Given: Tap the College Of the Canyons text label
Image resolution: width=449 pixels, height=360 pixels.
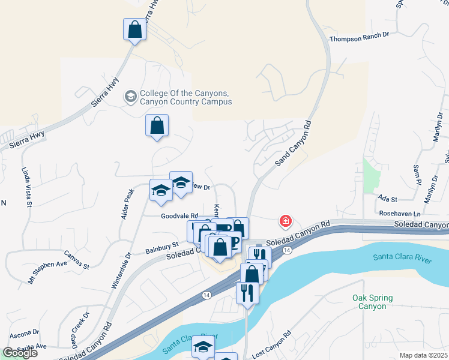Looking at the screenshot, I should [x=185, y=97].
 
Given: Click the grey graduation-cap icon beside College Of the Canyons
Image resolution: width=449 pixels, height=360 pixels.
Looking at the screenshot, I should [x=130, y=96].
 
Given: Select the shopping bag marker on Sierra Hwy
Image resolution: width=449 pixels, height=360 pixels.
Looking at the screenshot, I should [x=135, y=29].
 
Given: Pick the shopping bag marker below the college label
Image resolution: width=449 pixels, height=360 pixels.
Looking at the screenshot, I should [x=157, y=126].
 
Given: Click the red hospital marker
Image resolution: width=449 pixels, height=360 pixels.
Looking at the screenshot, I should [x=286, y=221].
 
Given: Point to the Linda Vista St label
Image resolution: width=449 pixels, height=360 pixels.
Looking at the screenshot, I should [x=28, y=188].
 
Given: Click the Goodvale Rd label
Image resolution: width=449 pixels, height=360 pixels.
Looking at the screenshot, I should [x=179, y=216].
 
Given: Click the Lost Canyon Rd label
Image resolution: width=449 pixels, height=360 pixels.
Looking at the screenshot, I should [x=271, y=344].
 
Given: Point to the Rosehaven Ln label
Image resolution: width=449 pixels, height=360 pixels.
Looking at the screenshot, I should [x=399, y=213].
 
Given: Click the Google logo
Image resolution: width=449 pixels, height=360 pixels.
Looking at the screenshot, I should [x=20, y=353].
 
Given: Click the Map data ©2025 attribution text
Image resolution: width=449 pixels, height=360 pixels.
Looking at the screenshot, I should [x=424, y=355].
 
